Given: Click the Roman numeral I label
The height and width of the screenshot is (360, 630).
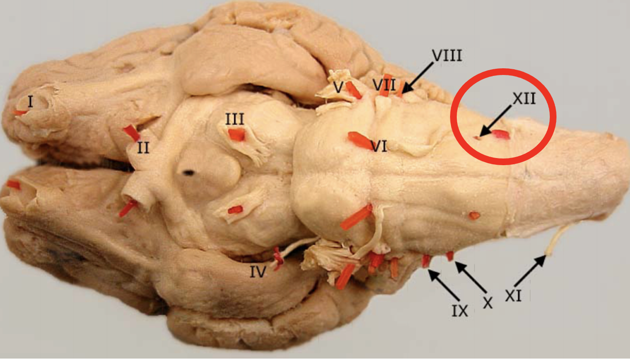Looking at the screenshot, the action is (30, 101).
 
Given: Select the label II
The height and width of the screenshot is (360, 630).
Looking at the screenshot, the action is (143, 148).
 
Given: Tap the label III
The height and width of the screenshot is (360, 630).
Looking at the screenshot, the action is (235, 119).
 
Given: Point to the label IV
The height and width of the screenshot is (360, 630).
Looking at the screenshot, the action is (258, 272).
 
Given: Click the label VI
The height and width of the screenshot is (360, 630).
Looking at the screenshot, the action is (378, 146).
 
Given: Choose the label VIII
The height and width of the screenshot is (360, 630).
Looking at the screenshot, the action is (447, 55).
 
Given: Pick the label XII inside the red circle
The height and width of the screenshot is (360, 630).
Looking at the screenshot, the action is (524, 98).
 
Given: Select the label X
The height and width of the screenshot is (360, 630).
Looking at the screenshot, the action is (487, 302).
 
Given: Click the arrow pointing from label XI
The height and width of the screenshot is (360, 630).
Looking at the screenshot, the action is (530, 271).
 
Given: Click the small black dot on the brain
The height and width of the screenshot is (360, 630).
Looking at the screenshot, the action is (189, 172).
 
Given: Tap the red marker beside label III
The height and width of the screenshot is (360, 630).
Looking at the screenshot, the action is (237, 135).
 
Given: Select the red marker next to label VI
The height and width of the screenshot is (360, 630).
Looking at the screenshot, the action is (358, 140).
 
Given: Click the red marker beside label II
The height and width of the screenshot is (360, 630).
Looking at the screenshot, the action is (131, 133).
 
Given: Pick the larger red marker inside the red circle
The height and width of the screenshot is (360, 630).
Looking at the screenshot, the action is (500, 135).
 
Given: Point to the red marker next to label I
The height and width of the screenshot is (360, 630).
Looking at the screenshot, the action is (20, 113).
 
